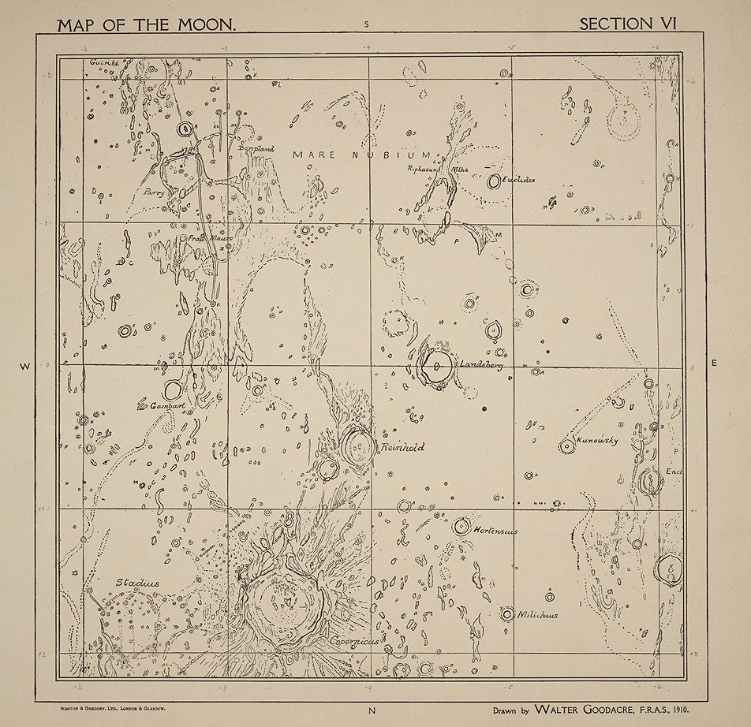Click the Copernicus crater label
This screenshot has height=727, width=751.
(x=356, y=642)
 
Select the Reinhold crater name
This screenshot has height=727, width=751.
(x=402, y=447)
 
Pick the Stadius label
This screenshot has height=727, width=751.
(x=138, y=583)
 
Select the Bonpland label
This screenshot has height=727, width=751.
(x=255, y=148)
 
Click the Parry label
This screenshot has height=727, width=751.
(x=153, y=191)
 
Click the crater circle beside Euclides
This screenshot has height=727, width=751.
(x=495, y=181)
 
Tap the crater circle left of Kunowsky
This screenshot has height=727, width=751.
(x=566, y=446)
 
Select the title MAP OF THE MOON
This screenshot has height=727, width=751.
(x=146, y=24)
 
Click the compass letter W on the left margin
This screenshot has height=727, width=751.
(x=24, y=366)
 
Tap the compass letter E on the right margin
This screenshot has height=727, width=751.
(x=714, y=363)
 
